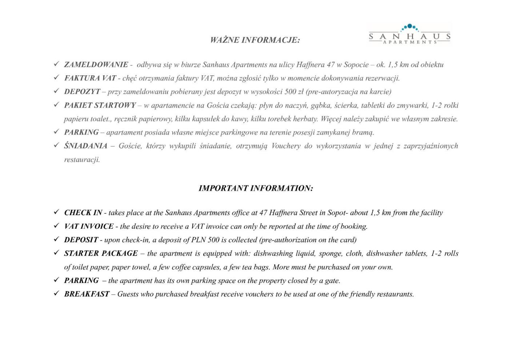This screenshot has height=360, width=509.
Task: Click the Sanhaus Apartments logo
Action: [410, 34]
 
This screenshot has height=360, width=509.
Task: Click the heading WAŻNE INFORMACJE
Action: [255, 40]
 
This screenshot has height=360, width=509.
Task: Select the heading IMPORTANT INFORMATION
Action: [256, 188]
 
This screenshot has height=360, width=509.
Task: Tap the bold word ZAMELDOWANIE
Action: [96, 65]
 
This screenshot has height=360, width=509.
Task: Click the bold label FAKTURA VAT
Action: [90, 78]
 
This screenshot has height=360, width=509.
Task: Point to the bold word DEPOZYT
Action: [82, 92]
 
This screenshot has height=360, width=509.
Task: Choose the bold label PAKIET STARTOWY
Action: [100, 105]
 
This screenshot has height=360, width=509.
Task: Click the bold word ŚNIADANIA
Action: [86, 146]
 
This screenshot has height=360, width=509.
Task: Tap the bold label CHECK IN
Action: [83, 213]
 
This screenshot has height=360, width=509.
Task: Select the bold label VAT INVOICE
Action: [89, 226]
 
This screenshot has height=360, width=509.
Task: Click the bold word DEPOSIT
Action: [81, 240]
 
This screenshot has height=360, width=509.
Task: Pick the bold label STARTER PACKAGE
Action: [101, 253]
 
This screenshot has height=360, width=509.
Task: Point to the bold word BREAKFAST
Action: [87, 294]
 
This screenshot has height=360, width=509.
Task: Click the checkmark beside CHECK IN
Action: [56, 212]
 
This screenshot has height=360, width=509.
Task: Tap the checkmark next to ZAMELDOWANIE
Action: [56, 64]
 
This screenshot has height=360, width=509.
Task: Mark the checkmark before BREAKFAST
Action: [56, 293]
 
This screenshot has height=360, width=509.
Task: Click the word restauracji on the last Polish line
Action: [82, 160]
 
